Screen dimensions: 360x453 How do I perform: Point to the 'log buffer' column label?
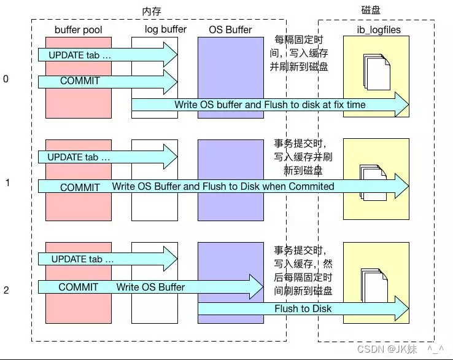[166, 29]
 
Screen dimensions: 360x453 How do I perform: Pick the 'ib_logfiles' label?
[376, 30]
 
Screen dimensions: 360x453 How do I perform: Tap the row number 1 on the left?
[7, 182]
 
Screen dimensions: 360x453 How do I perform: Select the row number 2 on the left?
[6, 290]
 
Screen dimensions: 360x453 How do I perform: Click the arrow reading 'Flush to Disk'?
[303, 308]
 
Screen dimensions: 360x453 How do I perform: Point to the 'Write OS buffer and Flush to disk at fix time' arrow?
[270, 105]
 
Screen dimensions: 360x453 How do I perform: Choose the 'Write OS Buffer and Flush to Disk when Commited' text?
[223, 186]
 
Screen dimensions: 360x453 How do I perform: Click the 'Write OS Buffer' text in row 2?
[150, 287]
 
